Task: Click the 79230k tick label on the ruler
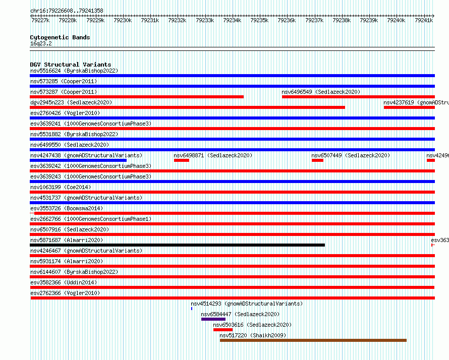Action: tap(123, 21)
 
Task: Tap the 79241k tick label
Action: tap(423, 21)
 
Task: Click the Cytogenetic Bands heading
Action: tap(60, 37)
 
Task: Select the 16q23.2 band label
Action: tap(40, 43)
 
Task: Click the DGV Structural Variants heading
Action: tap(70, 65)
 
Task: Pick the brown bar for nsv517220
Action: tap(313, 340)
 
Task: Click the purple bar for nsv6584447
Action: tap(213, 319)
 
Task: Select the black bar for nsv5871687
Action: tap(177, 245)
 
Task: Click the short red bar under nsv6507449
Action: tap(317, 160)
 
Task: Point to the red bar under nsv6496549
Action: tap(358, 97)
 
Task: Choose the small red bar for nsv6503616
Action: tap(223, 330)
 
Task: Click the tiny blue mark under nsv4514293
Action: tap(192, 308)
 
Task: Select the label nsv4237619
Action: tap(399, 102)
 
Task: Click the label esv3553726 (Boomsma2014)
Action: tap(66, 208)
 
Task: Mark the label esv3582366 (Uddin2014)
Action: tap(64, 282)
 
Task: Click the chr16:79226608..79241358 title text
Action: tap(67, 11)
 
